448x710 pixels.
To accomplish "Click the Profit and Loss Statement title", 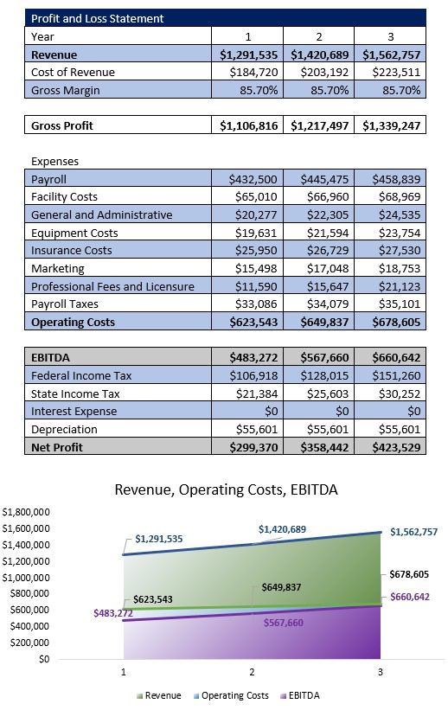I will (97, 18).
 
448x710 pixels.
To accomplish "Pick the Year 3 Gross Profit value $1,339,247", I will (392, 126).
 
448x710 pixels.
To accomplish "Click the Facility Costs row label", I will (64, 197).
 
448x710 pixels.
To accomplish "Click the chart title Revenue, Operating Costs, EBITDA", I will (227, 489).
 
